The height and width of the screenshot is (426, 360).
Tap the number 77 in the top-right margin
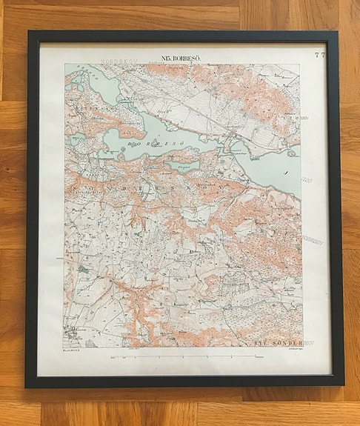[x=319, y=54]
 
